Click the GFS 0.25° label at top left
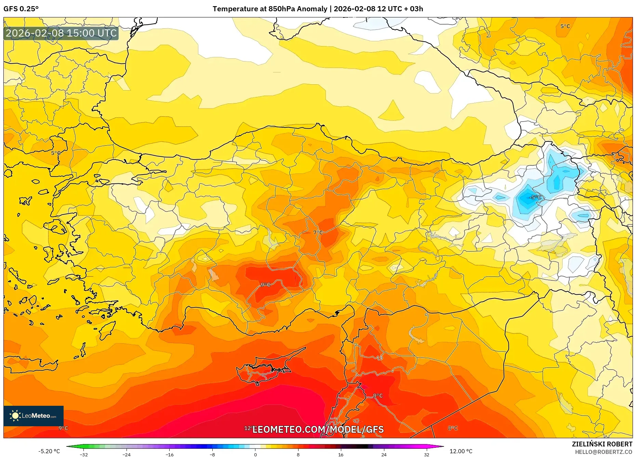pyautogui.click(x=21, y=9)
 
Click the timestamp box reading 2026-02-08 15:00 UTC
pyautogui.click(x=61, y=33)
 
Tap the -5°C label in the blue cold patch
pyautogui.click(x=535, y=197)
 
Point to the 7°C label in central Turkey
pyautogui.click(x=318, y=232)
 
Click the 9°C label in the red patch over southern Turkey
pyautogui.click(x=265, y=285)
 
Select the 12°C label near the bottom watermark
pyautogui.click(x=249, y=428)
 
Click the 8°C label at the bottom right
pyautogui.click(x=452, y=428)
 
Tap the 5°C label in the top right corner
pyautogui.click(x=565, y=26)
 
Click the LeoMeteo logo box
pyautogui.click(x=34, y=416)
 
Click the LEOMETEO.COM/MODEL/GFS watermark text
pyautogui.click(x=318, y=429)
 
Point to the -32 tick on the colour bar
pyautogui.click(x=84, y=455)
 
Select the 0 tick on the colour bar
pyautogui.click(x=255, y=455)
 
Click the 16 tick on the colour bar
pyautogui.click(x=341, y=455)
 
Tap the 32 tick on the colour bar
pyautogui.click(x=426, y=455)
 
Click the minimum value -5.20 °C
pyautogui.click(x=49, y=451)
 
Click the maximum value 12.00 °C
pyautogui.click(x=461, y=451)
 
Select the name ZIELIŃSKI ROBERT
pyautogui.click(x=602, y=444)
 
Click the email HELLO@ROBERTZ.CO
pyautogui.click(x=603, y=452)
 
